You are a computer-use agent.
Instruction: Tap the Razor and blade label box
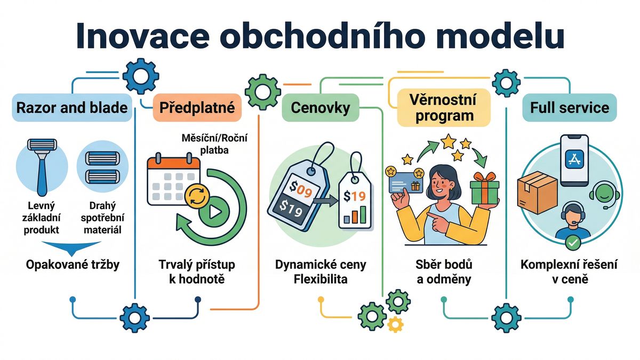(x=72, y=108)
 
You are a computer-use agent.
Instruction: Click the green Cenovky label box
(x=320, y=108)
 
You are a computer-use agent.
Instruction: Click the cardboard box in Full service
(x=537, y=189)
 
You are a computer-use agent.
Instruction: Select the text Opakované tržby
(x=72, y=265)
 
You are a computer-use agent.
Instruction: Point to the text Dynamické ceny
(x=320, y=265)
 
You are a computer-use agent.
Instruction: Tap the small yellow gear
(x=395, y=323)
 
